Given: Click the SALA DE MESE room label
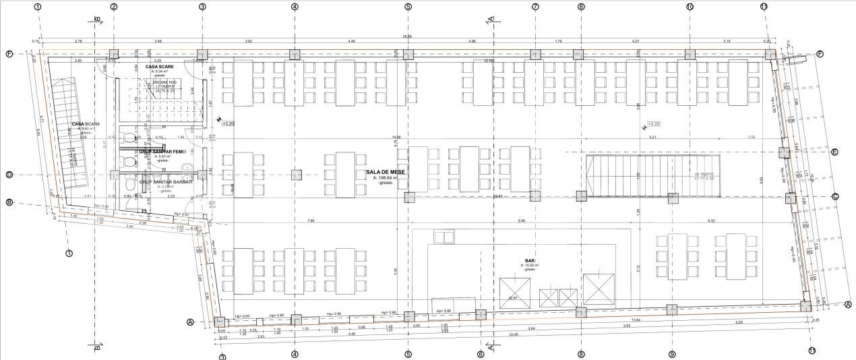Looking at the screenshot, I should click(x=386, y=173).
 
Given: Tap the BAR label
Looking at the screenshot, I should click(x=530, y=260).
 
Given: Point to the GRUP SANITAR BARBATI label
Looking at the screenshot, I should click(x=166, y=182).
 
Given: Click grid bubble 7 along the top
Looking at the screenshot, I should click(x=535, y=7).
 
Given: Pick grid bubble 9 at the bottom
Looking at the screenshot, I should click(x=672, y=354).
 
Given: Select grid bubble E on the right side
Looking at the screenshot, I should click(x=834, y=152).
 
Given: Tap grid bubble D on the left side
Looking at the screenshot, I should click(x=9, y=175).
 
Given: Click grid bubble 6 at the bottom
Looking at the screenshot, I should click(x=480, y=354).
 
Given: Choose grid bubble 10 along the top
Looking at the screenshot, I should click(x=690, y=7).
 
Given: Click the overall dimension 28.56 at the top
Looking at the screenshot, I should click(x=407, y=36).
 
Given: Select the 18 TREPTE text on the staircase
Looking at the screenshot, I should click(x=704, y=175).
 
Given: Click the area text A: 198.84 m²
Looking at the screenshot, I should click(x=386, y=178).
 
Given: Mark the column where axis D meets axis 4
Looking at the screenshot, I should click(x=295, y=175).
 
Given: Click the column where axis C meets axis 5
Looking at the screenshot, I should click(x=408, y=197).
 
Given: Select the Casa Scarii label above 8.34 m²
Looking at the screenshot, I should click(x=160, y=67).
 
